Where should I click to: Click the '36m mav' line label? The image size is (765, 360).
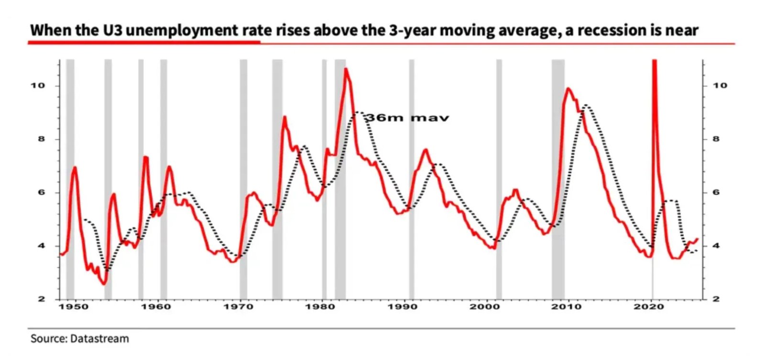pos(407,118)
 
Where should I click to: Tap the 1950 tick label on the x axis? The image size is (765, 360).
pos(73,306)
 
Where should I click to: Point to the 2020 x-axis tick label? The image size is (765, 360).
pos(649,306)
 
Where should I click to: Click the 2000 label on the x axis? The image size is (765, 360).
pos(484,306)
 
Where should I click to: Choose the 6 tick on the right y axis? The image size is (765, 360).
pos(716,193)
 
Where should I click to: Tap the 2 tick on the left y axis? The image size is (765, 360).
pos(42,299)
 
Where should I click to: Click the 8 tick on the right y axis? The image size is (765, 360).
pos(716,139)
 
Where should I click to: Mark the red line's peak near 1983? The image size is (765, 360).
pos(346,69)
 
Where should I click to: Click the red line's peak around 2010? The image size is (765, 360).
pos(568,88)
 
